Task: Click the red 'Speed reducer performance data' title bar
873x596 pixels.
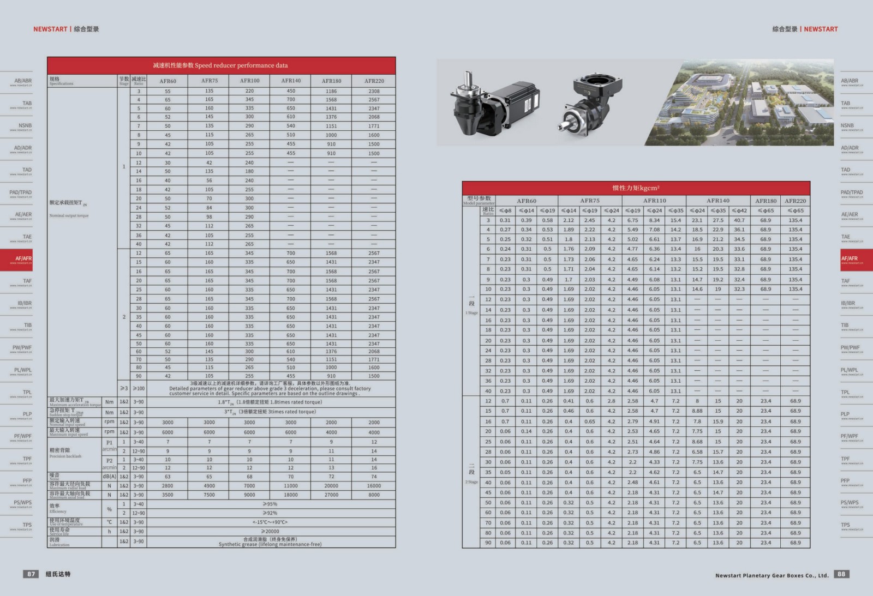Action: point(221,65)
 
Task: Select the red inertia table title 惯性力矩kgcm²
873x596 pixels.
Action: point(636,188)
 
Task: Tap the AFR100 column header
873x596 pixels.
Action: point(249,81)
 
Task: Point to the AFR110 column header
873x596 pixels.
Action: point(654,201)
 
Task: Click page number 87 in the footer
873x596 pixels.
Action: point(31,574)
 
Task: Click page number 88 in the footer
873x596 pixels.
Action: point(841,574)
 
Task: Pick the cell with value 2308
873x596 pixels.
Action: point(374,91)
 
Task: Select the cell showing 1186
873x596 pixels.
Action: point(331,91)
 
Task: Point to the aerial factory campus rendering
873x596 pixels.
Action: point(739,103)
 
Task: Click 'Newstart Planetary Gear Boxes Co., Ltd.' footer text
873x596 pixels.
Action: point(772,575)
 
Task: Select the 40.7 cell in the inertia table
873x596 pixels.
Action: point(739,220)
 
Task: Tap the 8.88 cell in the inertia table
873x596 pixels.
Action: point(697,411)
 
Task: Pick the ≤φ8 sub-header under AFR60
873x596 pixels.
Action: point(505,210)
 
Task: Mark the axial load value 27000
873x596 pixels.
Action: point(331,495)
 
